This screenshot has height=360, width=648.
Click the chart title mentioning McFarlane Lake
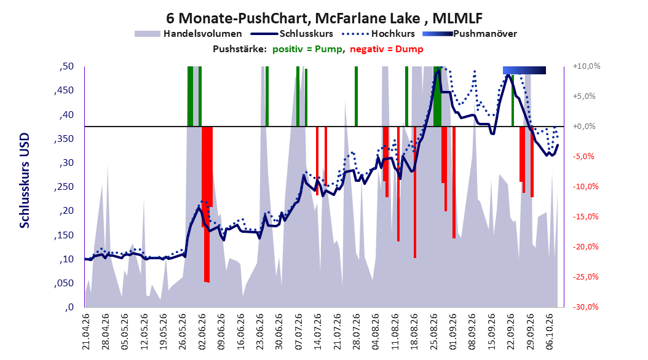(324, 18)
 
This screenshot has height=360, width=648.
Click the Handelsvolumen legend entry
(188, 34)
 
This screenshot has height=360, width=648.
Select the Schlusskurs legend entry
(292, 34)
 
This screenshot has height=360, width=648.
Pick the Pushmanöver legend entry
(470, 34)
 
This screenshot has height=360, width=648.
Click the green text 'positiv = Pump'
(307, 49)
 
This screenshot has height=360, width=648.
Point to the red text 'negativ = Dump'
(387, 49)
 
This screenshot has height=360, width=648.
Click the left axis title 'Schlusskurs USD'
(25, 181)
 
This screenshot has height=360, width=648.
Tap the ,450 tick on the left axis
(64, 90)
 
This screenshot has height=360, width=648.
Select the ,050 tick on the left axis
(64, 283)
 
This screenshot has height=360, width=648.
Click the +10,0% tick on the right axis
(587, 66)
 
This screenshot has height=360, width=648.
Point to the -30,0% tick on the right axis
(585, 307)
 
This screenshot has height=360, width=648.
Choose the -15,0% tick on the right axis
(585, 217)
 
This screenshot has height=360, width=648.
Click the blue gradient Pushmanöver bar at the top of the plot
(524, 70)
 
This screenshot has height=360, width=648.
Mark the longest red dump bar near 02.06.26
(207, 205)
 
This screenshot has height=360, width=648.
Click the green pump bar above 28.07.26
(356, 96)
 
